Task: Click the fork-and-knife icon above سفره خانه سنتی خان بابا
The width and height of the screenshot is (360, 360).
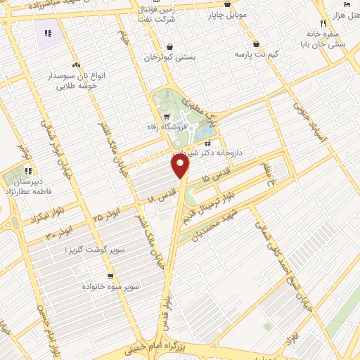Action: pyautogui.click(x=322, y=22)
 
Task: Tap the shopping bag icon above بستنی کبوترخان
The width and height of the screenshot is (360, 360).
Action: pyautogui.click(x=169, y=47)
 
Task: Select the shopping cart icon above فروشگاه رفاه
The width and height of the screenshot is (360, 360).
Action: pyautogui.click(x=166, y=117)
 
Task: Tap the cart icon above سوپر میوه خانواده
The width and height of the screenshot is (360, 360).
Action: pyautogui.click(x=110, y=276)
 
